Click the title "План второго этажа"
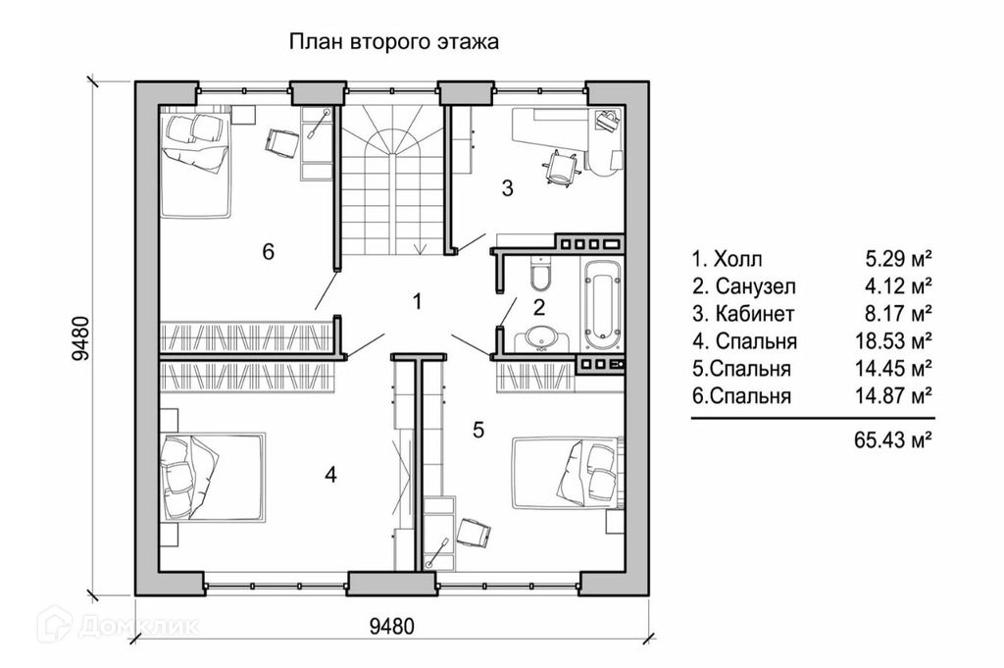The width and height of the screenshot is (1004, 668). pyautogui.click(x=393, y=42)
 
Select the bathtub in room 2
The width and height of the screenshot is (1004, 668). pyautogui.click(x=599, y=302)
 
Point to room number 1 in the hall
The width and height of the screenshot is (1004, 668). pyautogui.click(x=417, y=301)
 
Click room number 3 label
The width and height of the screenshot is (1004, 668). pyautogui.click(x=507, y=189)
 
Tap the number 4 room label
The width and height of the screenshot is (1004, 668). pyautogui.click(x=330, y=475)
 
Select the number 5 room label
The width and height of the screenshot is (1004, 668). pyautogui.click(x=477, y=429)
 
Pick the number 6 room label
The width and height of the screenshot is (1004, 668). pyautogui.click(x=267, y=251)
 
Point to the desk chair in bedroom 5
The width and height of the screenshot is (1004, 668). pyautogui.click(x=476, y=532)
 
